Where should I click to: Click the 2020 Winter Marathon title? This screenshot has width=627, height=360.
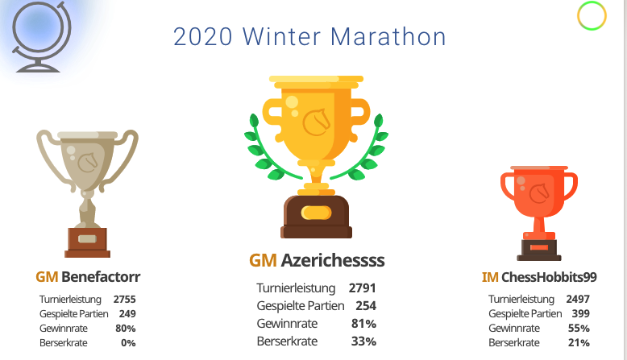(x=309, y=37)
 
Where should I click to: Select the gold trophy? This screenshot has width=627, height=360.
(x=316, y=156)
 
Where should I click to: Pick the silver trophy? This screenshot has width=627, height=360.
(x=87, y=193)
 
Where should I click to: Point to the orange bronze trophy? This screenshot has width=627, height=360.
(x=539, y=213)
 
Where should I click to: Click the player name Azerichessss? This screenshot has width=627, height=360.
(x=333, y=260)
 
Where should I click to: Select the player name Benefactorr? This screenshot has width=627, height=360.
(x=101, y=276)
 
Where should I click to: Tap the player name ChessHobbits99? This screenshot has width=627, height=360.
(x=549, y=277)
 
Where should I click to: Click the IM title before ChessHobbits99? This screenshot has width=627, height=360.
(x=490, y=277)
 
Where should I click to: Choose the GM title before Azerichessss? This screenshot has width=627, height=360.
(x=263, y=260)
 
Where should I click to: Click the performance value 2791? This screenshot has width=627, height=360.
(x=363, y=288)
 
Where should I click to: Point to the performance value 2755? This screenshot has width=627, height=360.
(x=124, y=300)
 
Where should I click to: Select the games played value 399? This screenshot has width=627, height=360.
(x=580, y=313)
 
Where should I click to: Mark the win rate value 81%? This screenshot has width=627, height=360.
(x=364, y=324)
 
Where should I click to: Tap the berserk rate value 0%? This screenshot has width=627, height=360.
(x=128, y=343)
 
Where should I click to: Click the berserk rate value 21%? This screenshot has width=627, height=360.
(x=579, y=343)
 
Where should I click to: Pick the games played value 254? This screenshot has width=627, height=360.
(x=366, y=306)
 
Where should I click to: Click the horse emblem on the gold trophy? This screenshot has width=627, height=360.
(x=317, y=122)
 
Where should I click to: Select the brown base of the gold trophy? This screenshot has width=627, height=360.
(x=316, y=217)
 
